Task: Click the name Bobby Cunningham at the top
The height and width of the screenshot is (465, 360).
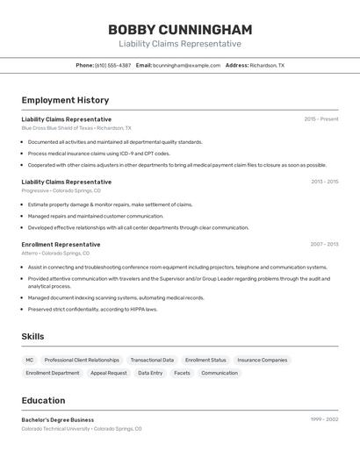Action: pyautogui.click(x=180, y=30)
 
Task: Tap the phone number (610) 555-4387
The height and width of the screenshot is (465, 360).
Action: pyautogui.click(x=112, y=65)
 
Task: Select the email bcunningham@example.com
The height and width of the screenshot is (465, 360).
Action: pyautogui.click(x=187, y=65)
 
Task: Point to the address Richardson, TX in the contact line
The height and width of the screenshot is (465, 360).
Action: pyautogui.click(x=267, y=65)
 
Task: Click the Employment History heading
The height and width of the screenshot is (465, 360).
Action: pyautogui.click(x=65, y=100)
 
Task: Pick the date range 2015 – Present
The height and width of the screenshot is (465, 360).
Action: pyautogui.click(x=320, y=119)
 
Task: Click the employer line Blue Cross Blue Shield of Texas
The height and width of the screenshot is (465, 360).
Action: pyautogui.click(x=76, y=128)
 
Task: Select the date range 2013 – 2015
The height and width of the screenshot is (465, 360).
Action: pyautogui.click(x=324, y=182)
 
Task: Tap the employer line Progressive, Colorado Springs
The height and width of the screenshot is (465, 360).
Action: pyautogui.click(x=61, y=190)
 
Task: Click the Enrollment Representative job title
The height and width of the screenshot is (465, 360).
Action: pyautogui.click(x=61, y=245)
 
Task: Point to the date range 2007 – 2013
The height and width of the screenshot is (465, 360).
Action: pyautogui.click(x=324, y=245)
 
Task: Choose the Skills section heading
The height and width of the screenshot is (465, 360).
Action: pyautogui.click(x=32, y=336)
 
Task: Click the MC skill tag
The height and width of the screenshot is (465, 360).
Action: pyautogui.click(x=29, y=360)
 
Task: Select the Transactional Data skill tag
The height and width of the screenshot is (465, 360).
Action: pyautogui.click(x=152, y=360)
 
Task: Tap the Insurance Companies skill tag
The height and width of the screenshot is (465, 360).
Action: pyautogui.click(x=262, y=360)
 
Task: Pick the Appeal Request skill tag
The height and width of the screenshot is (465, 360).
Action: pyautogui.click(x=108, y=373)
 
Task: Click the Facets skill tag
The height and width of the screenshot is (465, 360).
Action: pyautogui.click(x=182, y=373)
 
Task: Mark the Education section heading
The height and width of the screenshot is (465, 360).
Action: pyautogui.click(x=43, y=400)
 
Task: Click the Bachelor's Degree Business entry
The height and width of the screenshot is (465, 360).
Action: pyautogui.click(x=58, y=419)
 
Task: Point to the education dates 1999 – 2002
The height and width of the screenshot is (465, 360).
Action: pyautogui.click(x=324, y=419)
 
